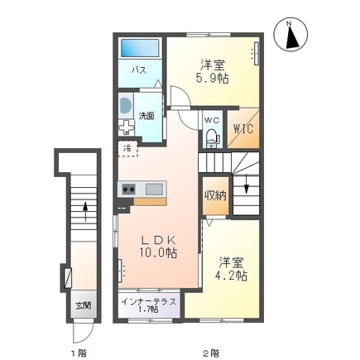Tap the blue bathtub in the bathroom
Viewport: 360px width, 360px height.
pos(140,48)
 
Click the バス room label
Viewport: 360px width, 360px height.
pos(139,70)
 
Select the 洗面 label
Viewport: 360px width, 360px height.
pos(146,116)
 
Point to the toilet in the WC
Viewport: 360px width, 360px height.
pos(213,137)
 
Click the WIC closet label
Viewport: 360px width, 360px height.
pos(243,128)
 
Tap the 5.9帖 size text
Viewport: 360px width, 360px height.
pos(212,79)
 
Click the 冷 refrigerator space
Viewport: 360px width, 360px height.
pos(127,148)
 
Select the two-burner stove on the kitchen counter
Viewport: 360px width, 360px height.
pos(128,190)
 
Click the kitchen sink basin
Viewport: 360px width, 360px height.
pos(154,190)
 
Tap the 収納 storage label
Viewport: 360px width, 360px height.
pos(215,195)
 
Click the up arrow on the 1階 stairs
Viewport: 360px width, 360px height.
pos(85,211)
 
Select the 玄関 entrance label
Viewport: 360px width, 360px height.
pos(84,305)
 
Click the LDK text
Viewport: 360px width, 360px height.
pos(159,241)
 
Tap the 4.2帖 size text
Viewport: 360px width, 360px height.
pos(231,276)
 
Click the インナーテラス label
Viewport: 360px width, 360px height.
pos(149,301)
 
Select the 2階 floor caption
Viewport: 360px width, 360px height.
pos(212,353)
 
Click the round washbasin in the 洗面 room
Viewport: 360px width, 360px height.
pos(126,106)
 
